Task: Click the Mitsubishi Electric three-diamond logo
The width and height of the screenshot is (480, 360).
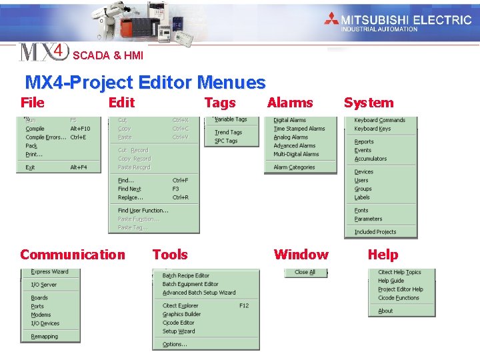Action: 331,19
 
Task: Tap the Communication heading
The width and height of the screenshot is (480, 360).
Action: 72,255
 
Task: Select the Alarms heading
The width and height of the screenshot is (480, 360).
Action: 289,103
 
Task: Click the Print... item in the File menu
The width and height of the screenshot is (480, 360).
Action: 34,155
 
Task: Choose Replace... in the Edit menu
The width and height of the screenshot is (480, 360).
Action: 131,197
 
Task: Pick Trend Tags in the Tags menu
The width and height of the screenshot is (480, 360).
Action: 228,132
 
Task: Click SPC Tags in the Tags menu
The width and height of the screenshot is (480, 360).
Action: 226,141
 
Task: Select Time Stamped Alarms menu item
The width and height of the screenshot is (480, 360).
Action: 299,129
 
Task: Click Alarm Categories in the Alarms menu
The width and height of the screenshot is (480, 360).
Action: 294,167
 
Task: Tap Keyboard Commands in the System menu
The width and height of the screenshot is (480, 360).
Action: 379,121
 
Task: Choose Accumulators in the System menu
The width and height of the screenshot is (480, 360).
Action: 370,159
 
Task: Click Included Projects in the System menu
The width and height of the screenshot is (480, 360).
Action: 375,232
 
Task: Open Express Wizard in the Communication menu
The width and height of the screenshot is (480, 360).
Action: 49,272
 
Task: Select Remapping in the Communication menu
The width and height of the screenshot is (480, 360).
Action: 44,337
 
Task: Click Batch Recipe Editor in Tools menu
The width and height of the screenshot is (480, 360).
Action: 186,275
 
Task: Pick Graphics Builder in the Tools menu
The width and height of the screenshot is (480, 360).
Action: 182,314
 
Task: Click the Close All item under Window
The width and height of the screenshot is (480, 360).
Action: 305,272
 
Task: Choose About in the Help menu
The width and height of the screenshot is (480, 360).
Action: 385,311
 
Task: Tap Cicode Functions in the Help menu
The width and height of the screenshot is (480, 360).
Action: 399,298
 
